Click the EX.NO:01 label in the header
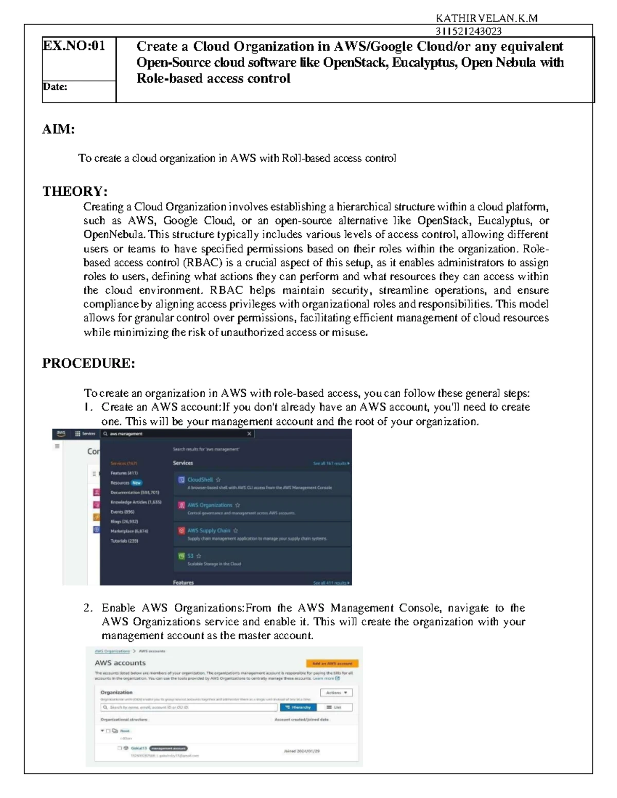tap(74, 46)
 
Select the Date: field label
tap(55, 86)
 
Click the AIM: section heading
tap(58, 129)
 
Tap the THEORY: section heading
tap(75, 191)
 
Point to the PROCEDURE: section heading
tap(88, 363)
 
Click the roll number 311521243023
tap(468, 31)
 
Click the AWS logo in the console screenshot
tap(61, 433)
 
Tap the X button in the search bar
tap(249, 434)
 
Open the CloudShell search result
tap(199, 479)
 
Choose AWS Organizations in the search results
tap(209, 505)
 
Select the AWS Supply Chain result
tap(208, 530)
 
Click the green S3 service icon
tap(181, 556)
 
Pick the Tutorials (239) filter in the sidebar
tap(124, 541)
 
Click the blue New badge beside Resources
tap(136, 483)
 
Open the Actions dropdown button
tap(336, 693)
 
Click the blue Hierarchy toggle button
tap(298, 707)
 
